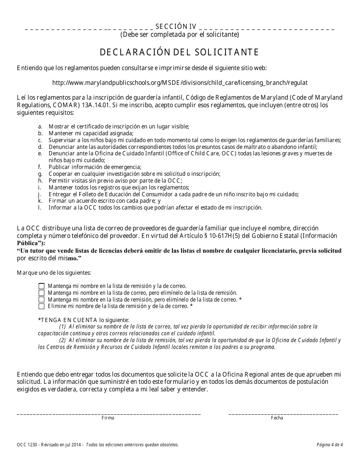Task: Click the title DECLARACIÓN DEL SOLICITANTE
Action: point(180,52)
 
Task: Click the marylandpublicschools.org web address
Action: point(180,82)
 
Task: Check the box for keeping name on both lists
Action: point(41,286)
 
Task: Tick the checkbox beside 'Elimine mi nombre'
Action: point(41,306)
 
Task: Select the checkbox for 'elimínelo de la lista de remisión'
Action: point(41,293)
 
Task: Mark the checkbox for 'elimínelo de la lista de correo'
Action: point(41,300)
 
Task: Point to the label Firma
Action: point(108,418)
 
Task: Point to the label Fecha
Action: point(277,418)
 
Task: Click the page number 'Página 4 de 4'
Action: point(329,445)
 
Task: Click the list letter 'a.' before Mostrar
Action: point(40,126)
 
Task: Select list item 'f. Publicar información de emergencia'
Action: point(95,167)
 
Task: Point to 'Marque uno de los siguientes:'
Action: point(53,272)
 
